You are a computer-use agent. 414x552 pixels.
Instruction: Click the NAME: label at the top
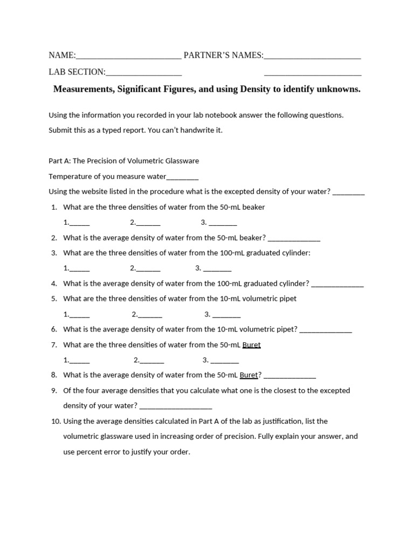pos(62,55)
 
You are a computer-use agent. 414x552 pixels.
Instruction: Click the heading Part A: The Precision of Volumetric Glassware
pos(123,161)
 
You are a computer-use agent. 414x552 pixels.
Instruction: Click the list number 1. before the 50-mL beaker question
pos(54,207)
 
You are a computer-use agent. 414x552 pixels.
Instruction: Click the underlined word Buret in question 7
pos(252,345)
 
